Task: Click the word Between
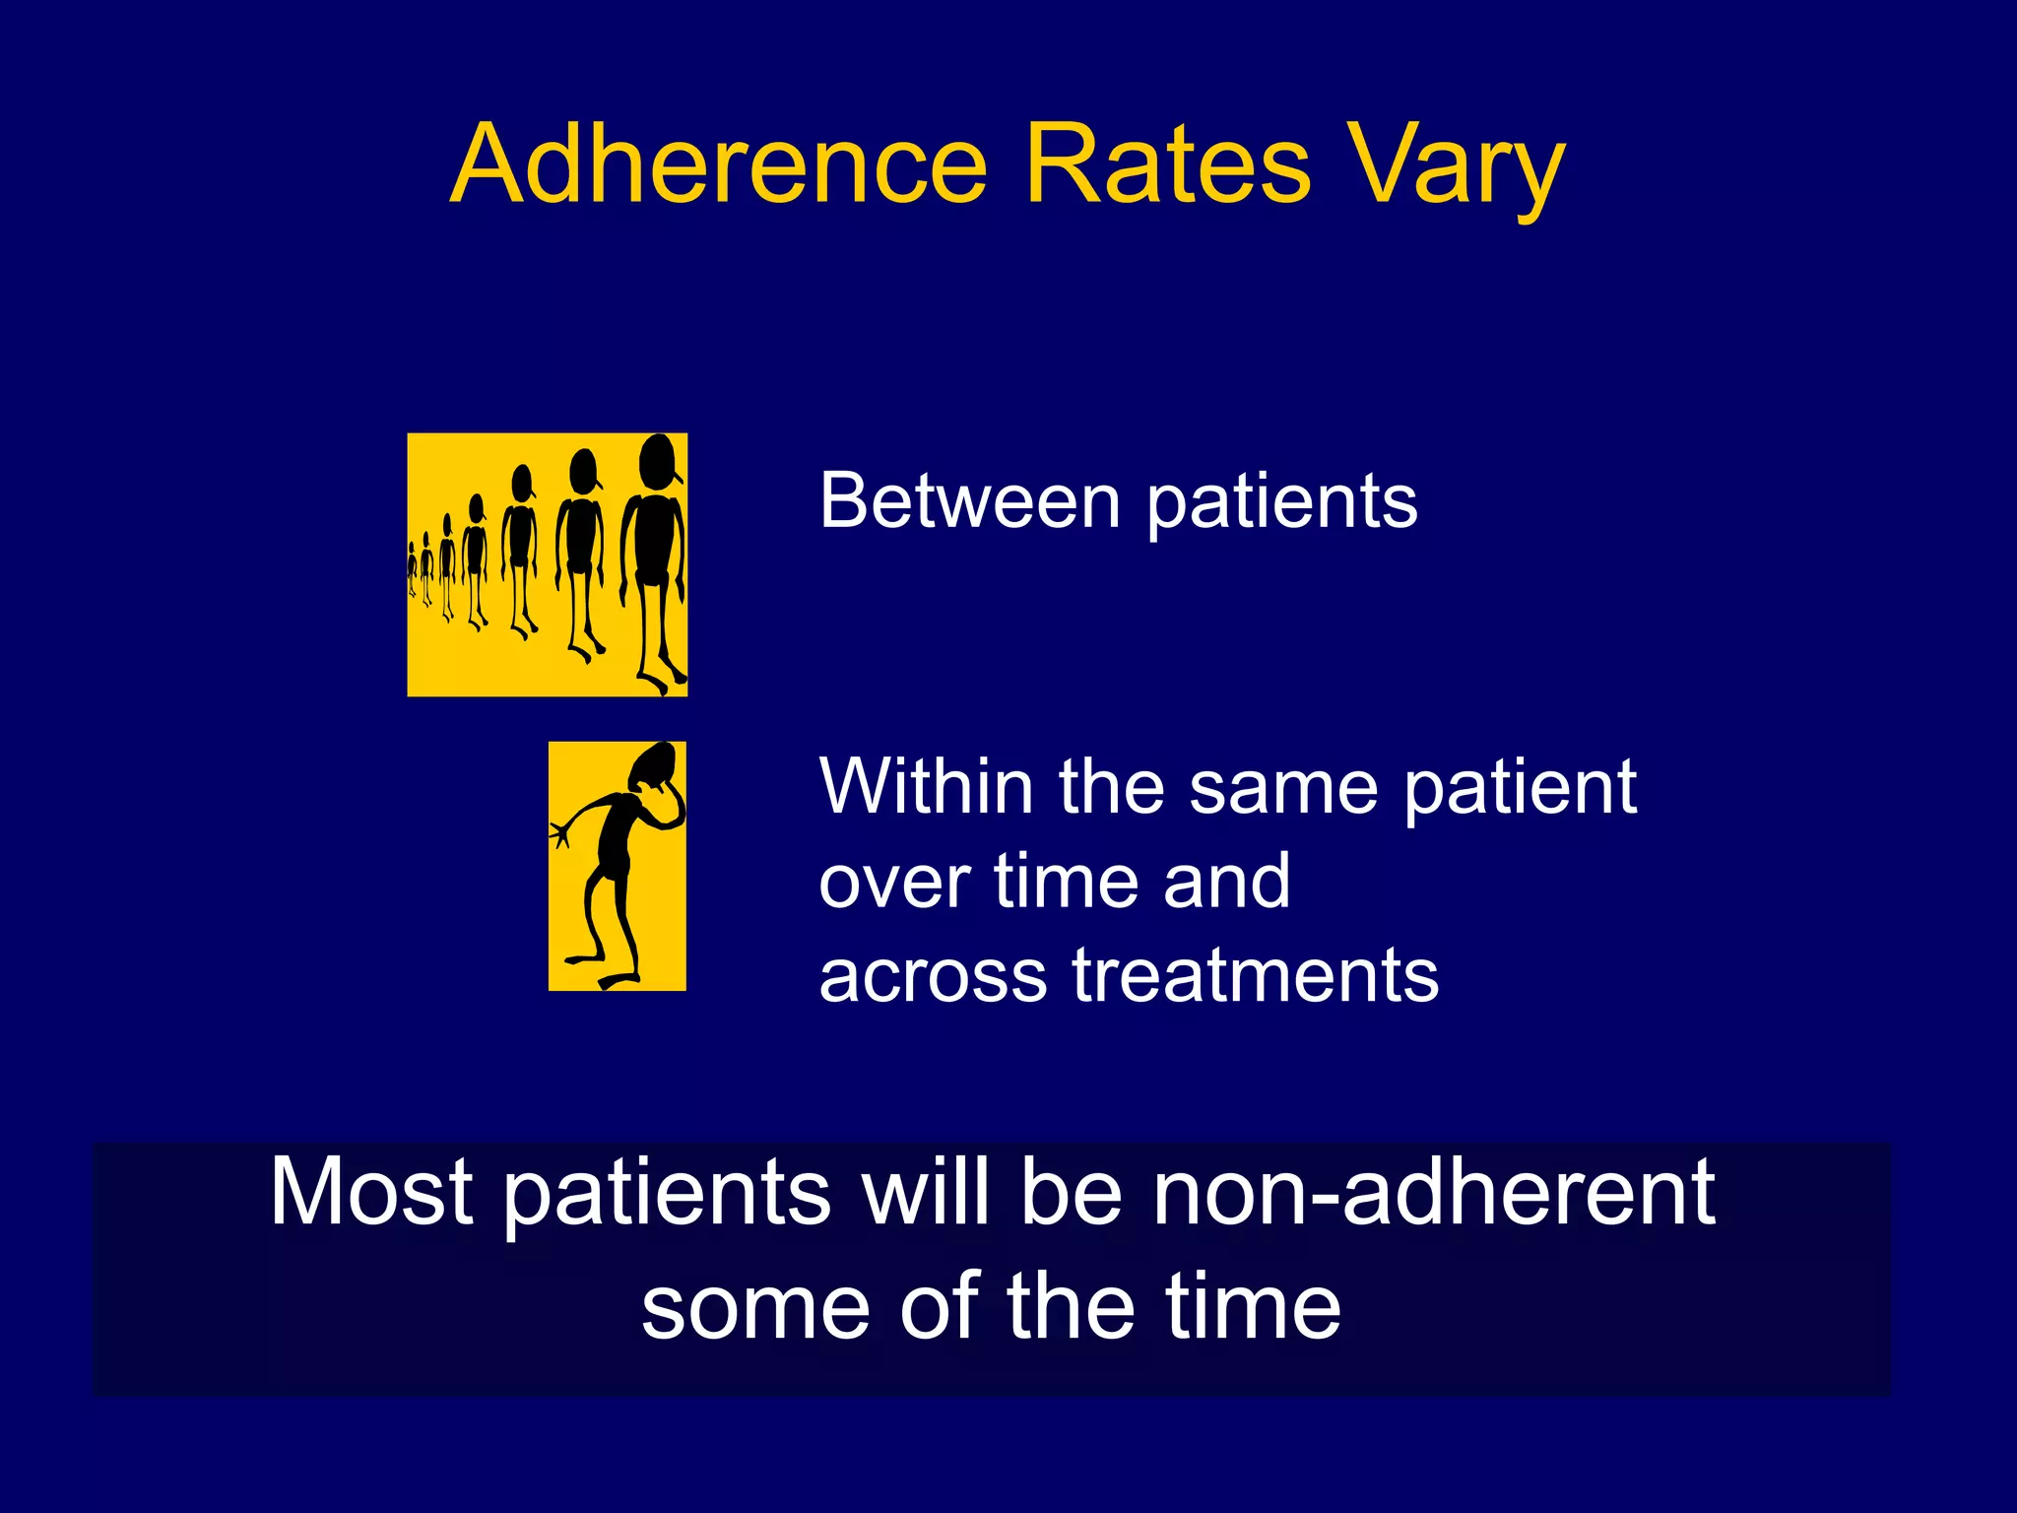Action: pyautogui.click(x=969, y=500)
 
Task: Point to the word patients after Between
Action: pyautogui.click(x=1282, y=504)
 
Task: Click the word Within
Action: pyautogui.click(x=926, y=786)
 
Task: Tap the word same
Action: pyautogui.click(x=1282, y=788)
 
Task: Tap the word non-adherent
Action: pyautogui.click(x=1434, y=1192)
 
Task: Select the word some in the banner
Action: pyautogui.click(x=756, y=1307)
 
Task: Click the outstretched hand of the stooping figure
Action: pyautogui.click(x=560, y=833)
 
